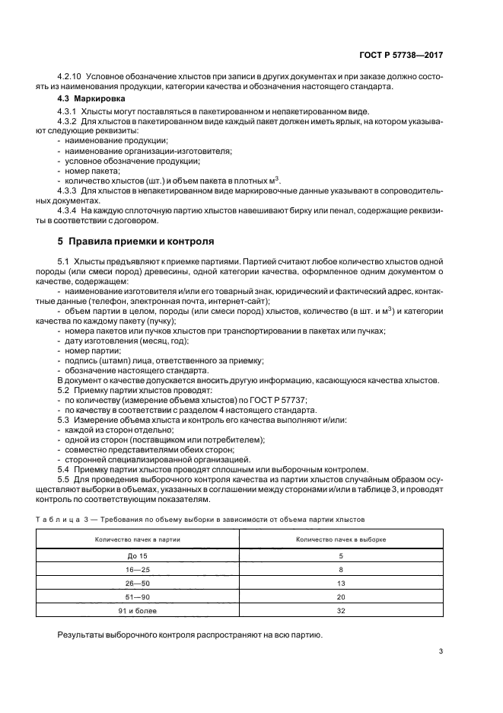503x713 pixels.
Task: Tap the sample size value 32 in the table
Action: coord(341,610)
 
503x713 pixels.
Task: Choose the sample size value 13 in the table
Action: coord(341,583)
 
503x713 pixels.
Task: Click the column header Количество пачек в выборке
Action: coord(341,539)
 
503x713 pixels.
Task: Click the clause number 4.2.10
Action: coord(70,78)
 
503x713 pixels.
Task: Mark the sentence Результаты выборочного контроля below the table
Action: coord(190,634)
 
